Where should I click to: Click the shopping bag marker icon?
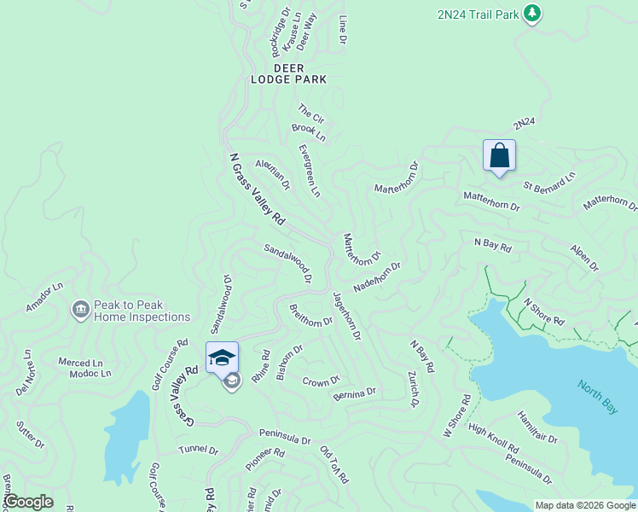pos(499,156)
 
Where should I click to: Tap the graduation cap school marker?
pos(222,358)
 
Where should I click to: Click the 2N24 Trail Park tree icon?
pos(532,13)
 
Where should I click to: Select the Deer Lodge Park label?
pos(288,73)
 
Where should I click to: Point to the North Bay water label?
pos(597,397)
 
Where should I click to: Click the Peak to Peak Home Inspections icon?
pos(81,308)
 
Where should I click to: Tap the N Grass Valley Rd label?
pos(257,189)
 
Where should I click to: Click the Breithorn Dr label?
pos(310,316)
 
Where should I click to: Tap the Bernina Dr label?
pos(355,393)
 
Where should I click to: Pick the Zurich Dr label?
pos(414,389)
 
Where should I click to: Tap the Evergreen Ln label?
pos(310,170)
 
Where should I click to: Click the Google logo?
pos(28,502)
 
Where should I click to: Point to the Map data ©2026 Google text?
pos(584,505)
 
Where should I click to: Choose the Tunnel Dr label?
pos(199,449)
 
